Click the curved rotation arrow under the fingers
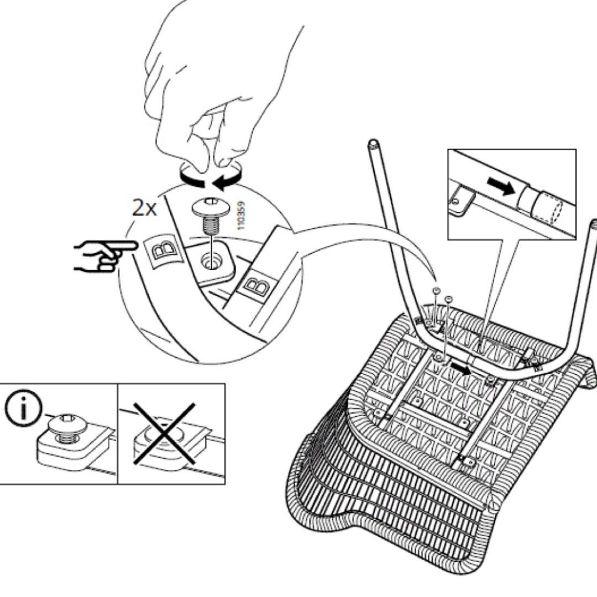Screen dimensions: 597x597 pyautogui.click(x=210, y=179)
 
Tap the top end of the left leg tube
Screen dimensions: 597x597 pyautogui.click(x=374, y=145)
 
